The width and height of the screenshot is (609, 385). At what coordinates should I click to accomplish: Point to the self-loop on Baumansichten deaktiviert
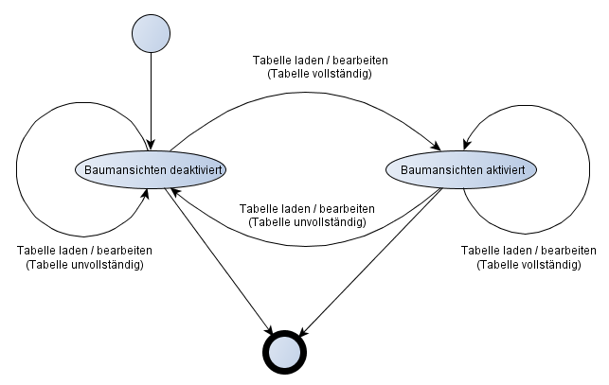[x=21, y=170]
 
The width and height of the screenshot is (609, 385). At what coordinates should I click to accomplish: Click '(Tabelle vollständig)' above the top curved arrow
[x=319, y=74]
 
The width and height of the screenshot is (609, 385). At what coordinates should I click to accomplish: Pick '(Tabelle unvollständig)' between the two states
[x=307, y=221]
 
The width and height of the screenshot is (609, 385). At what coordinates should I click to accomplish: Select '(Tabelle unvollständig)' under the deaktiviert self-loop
[x=84, y=265]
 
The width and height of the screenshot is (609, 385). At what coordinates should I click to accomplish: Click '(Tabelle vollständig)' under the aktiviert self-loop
[x=528, y=265]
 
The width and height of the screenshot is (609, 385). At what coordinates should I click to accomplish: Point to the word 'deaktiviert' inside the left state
[x=198, y=169]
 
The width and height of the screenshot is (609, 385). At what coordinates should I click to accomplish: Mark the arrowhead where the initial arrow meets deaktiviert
[x=151, y=146]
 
